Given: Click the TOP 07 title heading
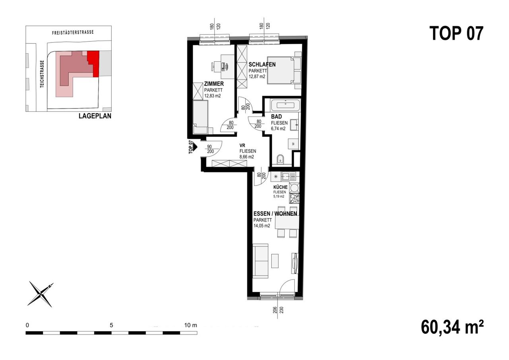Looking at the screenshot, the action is click(456, 33).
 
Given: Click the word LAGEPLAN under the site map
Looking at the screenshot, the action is click(95, 116).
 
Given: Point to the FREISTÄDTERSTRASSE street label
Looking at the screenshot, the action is click(73, 33).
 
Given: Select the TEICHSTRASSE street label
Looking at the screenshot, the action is click(42, 74).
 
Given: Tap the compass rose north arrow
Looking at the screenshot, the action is click(41, 294).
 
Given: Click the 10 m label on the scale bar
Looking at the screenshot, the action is click(190, 325).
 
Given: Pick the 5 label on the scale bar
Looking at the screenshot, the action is click(111, 325).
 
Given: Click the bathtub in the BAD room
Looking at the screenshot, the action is click(285, 105).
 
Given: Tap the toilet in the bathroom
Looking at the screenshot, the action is click(280, 160).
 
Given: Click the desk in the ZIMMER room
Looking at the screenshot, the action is click(227, 66).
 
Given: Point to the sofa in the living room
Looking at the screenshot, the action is click(260, 261).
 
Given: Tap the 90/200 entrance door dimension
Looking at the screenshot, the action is click(210, 149).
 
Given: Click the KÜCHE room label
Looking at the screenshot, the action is click(280, 187).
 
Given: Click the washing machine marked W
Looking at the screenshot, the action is click(293, 144).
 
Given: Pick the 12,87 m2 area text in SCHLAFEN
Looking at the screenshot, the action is click(257, 77).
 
